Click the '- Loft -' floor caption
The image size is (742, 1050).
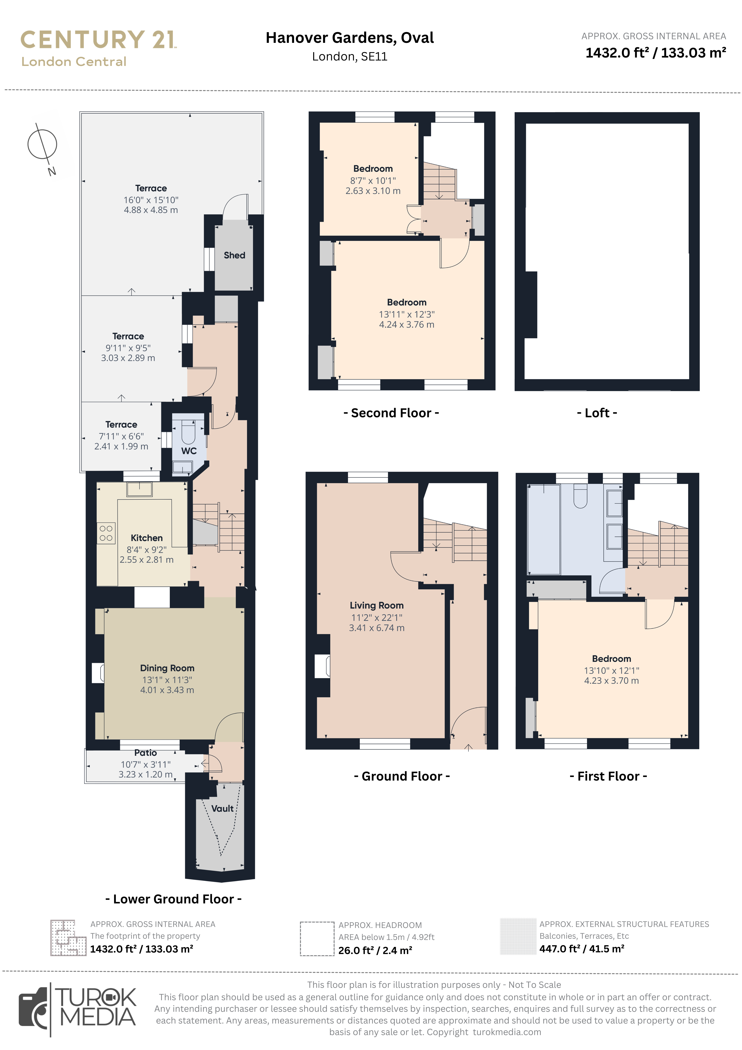click(x=597, y=413)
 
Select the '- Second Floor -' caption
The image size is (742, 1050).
click(x=391, y=413)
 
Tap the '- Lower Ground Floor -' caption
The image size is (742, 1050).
click(x=174, y=899)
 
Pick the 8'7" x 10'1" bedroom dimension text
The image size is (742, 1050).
click(x=373, y=181)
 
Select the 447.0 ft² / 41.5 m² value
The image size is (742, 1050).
click(x=581, y=949)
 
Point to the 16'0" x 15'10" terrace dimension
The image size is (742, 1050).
click(x=151, y=200)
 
